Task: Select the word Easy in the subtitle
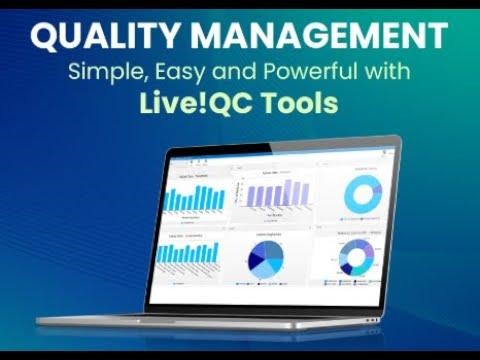(x=180, y=73)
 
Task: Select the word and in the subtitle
(x=227, y=73)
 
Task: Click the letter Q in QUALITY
(x=46, y=37)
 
